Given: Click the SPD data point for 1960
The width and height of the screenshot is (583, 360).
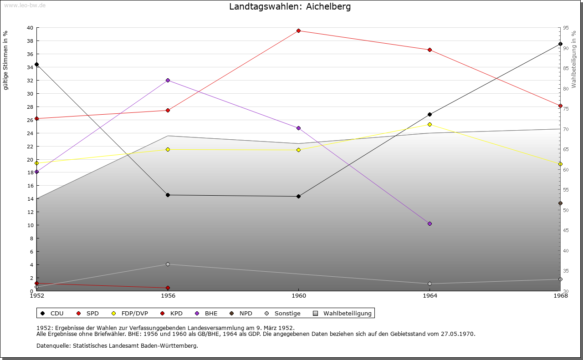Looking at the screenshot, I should (298, 30).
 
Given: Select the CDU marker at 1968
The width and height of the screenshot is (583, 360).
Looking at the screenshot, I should (560, 44).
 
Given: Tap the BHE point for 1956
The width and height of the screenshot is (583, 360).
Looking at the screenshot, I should (168, 80).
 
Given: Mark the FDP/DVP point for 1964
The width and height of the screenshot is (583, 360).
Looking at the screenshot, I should (430, 124).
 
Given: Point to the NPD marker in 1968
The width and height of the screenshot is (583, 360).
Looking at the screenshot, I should (560, 203).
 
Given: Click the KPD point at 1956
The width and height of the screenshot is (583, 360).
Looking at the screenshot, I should (168, 288).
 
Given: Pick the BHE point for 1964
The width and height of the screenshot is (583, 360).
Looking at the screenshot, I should (430, 223).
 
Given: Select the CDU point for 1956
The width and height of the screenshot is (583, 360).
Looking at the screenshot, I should (168, 195).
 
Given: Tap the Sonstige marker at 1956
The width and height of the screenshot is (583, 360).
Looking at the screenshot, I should (168, 264).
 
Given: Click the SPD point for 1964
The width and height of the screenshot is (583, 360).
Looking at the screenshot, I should (430, 50).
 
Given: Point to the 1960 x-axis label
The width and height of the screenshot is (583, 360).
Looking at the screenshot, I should (298, 296).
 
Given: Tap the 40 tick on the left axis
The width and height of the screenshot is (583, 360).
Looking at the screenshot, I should (30, 28).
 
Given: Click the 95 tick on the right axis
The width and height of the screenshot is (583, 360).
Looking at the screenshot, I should (566, 28).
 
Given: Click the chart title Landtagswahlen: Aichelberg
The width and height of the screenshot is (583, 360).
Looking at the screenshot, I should (290, 6).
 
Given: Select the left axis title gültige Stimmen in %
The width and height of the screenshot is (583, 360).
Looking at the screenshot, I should (5, 60).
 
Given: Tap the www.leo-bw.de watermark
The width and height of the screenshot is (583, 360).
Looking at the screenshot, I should (25, 5).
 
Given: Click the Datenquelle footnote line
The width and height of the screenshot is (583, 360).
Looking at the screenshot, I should (117, 346).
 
